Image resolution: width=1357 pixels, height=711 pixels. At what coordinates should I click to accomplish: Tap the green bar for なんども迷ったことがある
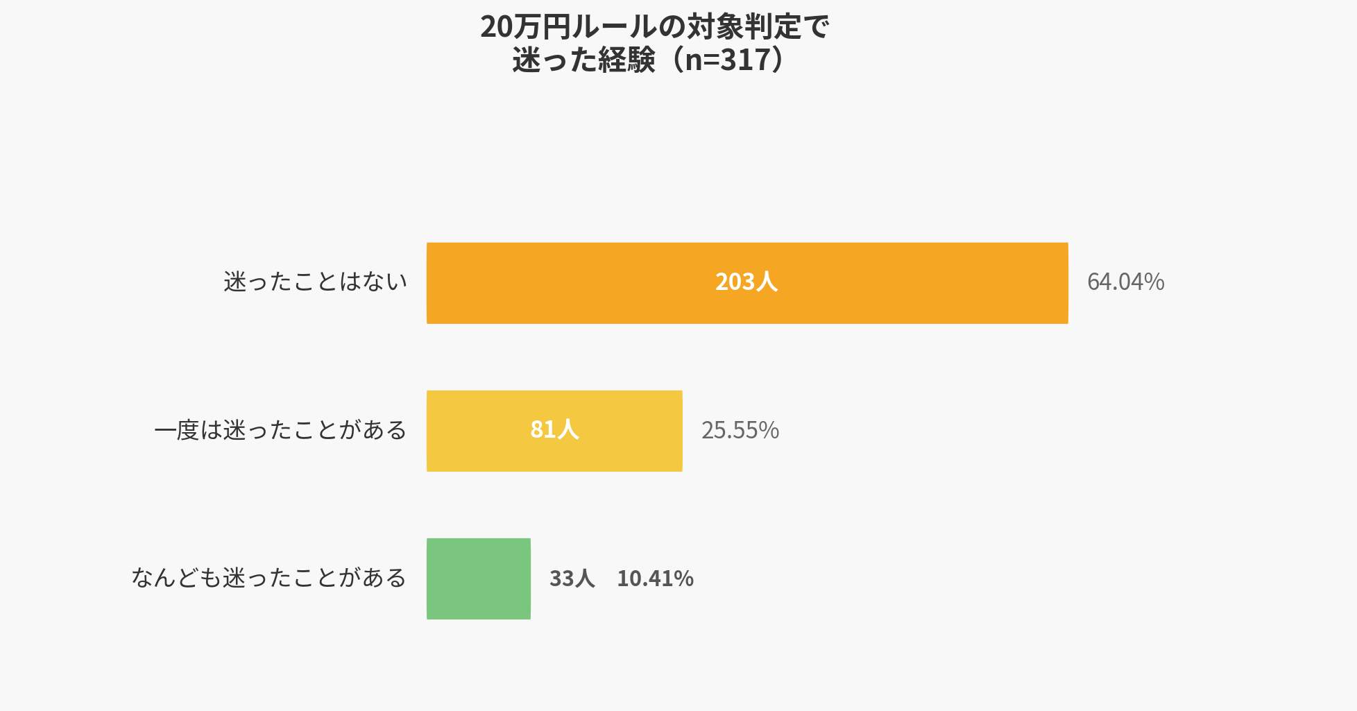point(479,579)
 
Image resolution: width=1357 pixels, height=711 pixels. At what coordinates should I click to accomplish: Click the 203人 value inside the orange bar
point(746,282)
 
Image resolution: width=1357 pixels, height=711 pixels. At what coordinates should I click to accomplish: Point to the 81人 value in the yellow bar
point(554,430)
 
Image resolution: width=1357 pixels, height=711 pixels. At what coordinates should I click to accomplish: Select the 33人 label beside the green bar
point(572,579)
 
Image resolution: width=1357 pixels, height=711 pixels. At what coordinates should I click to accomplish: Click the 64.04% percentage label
point(1125,282)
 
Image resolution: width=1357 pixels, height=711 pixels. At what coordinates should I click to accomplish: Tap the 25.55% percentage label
point(740,430)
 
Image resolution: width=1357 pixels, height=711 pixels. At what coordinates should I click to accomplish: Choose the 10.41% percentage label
point(655,579)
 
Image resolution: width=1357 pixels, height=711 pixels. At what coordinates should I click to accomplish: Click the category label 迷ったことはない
point(315,282)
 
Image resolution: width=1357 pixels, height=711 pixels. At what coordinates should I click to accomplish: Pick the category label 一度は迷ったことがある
point(280,430)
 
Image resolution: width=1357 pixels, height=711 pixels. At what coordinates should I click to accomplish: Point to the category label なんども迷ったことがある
point(269,578)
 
